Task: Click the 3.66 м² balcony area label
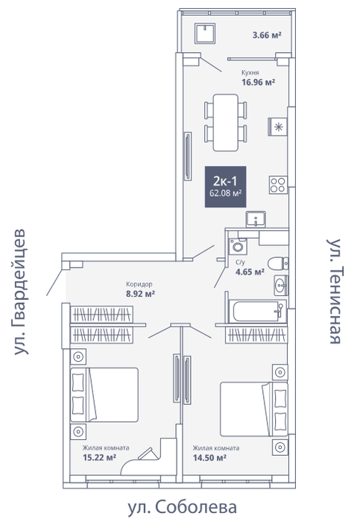pos(267,35)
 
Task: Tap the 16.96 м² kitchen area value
pos(258,82)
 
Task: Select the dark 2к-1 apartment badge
pos(225,186)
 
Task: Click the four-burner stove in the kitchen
pos(278,185)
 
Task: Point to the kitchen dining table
pos(226,122)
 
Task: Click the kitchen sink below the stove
pos(256,219)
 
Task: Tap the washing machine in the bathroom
pos(238,247)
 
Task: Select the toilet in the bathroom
pos(278,264)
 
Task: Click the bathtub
pos(258,312)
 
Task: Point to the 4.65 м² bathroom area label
pos(250,272)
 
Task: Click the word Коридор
pos(139,284)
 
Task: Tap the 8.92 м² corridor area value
pos(140,294)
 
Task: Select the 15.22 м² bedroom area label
pos(99,457)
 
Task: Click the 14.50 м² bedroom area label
pos(209,458)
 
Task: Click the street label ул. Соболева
pos(183,507)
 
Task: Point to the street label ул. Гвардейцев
pos(19,292)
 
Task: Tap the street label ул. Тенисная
pos(334,291)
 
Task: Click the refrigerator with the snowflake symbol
pos(277,127)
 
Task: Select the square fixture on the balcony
pos(205,33)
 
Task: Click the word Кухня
pos(250,72)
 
